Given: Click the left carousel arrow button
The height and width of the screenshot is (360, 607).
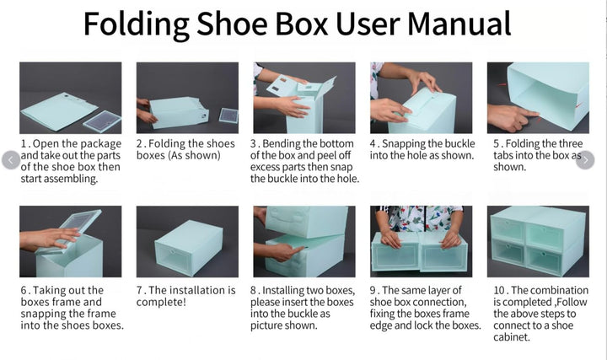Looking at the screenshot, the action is (x=11, y=160).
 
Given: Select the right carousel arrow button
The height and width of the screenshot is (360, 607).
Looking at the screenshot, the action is (x=585, y=160).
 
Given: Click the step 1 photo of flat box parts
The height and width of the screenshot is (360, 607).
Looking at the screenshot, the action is (x=71, y=98).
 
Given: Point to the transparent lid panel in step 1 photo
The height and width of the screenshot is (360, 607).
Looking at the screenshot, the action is (x=102, y=121).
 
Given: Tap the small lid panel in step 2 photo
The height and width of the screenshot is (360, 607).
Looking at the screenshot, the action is (x=228, y=115).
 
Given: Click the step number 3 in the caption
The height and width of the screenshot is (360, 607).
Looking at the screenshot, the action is (x=253, y=143).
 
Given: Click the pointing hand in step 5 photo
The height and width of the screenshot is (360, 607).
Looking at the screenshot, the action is (x=512, y=118).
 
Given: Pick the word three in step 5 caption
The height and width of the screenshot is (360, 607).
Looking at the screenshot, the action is (x=569, y=143).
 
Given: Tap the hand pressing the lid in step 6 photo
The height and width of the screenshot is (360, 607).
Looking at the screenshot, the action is (x=50, y=239).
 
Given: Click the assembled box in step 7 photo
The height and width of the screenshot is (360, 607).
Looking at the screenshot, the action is (x=189, y=248).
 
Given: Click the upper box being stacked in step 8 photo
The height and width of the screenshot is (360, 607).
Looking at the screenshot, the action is (x=306, y=221).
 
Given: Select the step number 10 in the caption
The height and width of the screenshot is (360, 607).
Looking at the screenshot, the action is (x=498, y=290).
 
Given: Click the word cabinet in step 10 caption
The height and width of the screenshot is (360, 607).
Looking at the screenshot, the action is (x=511, y=337).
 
